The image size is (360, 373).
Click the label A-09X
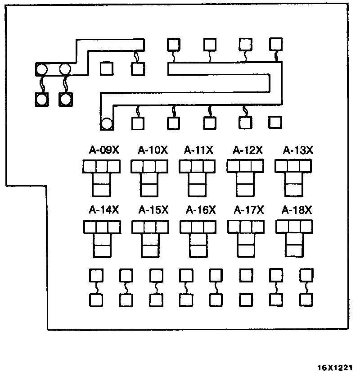coord(103,150)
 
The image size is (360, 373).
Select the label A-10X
coord(153,150)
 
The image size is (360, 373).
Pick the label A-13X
coord(297,150)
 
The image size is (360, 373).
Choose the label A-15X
coord(153,210)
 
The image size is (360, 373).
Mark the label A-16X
coord(201,210)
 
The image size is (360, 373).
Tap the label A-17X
coord(249,210)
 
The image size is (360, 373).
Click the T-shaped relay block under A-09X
coord(102,177)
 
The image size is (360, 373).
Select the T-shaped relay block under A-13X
coord(294,177)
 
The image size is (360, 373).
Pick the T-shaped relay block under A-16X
coord(198,238)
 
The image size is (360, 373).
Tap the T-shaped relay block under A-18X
coord(294,238)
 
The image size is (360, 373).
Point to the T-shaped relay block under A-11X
coord(197,177)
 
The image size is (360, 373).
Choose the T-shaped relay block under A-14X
coord(102,238)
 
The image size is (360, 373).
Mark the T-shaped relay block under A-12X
coord(245,177)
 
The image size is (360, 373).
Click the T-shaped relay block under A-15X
coord(150,238)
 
